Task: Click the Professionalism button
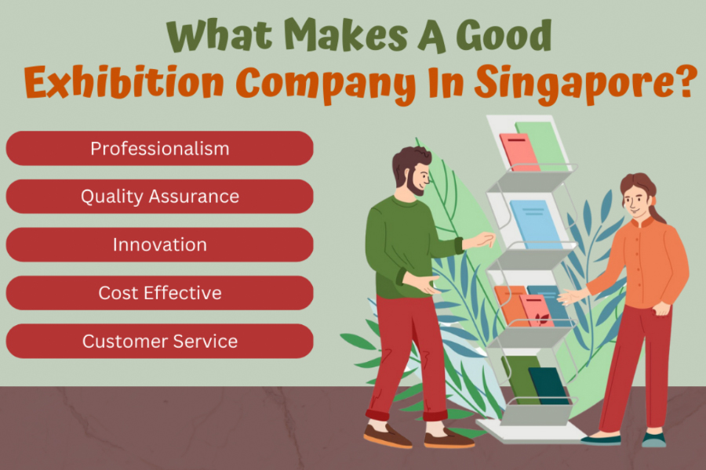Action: pos(159,148)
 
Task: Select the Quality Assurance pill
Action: pos(159,197)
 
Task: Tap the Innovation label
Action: pos(159,244)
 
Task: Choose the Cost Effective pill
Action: pos(159,293)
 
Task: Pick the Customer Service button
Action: pos(159,342)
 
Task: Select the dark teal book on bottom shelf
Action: pos(548,385)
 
